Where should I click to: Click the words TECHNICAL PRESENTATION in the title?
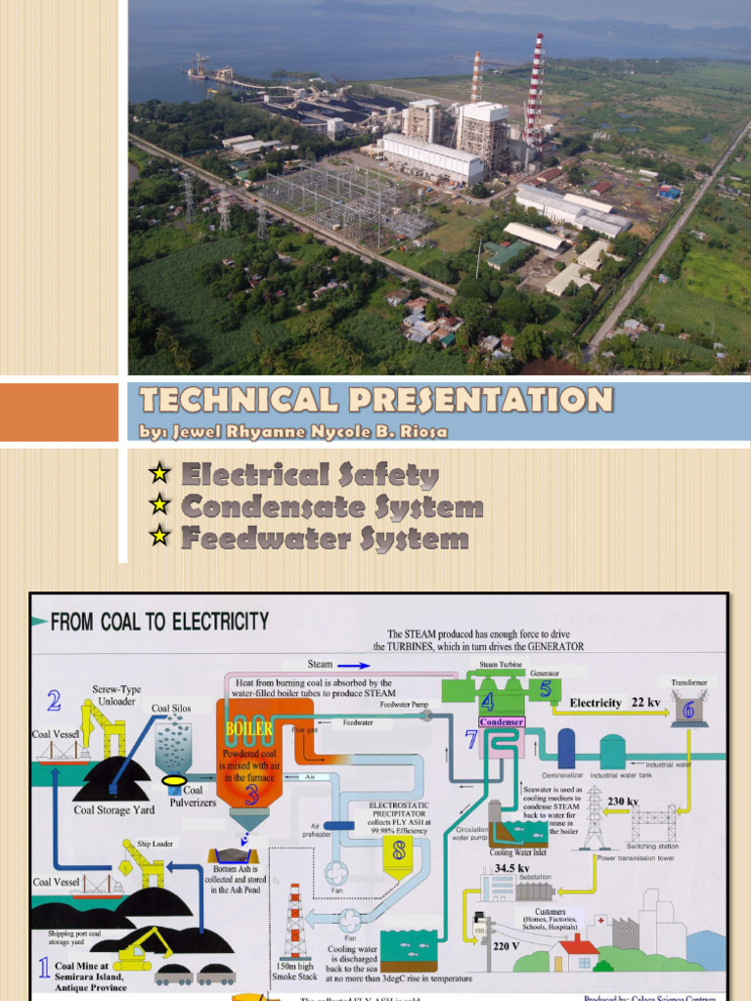[x=376, y=400]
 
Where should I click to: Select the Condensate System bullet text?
[x=332, y=507]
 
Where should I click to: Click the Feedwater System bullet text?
[x=325, y=539]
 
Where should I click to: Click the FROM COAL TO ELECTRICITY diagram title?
[x=160, y=621]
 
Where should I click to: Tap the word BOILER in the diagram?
[x=248, y=729]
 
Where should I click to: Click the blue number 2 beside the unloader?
[x=54, y=700]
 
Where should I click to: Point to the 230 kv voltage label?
[x=623, y=802]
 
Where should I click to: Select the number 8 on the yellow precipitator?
[x=398, y=851]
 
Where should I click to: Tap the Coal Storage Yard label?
[x=113, y=809]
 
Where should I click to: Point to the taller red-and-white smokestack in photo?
[x=534, y=93]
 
